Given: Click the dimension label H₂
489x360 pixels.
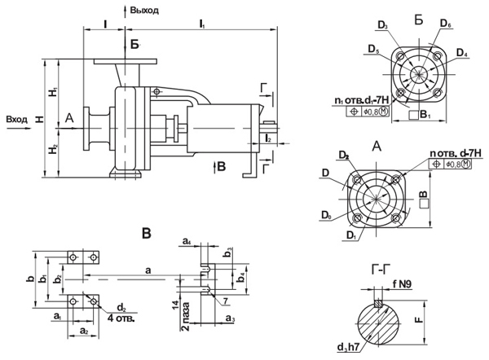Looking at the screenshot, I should pos(52,149).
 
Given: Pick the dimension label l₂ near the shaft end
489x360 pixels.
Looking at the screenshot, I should pos(268,139).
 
